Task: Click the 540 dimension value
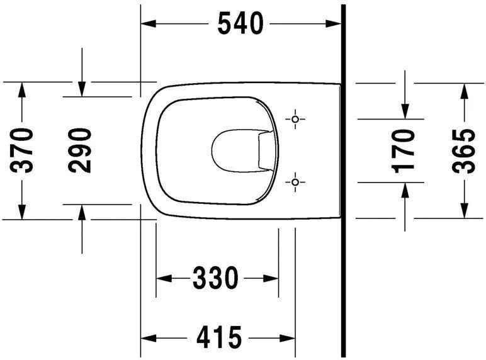[x=240, y=24]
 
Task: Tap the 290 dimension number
[x=81, y=150]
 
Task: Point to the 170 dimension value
[x=403, y=150]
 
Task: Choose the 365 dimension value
[x=464, y=150]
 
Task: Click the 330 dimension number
[x=216, y=278]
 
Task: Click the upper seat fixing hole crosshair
[x=295, y=118]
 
